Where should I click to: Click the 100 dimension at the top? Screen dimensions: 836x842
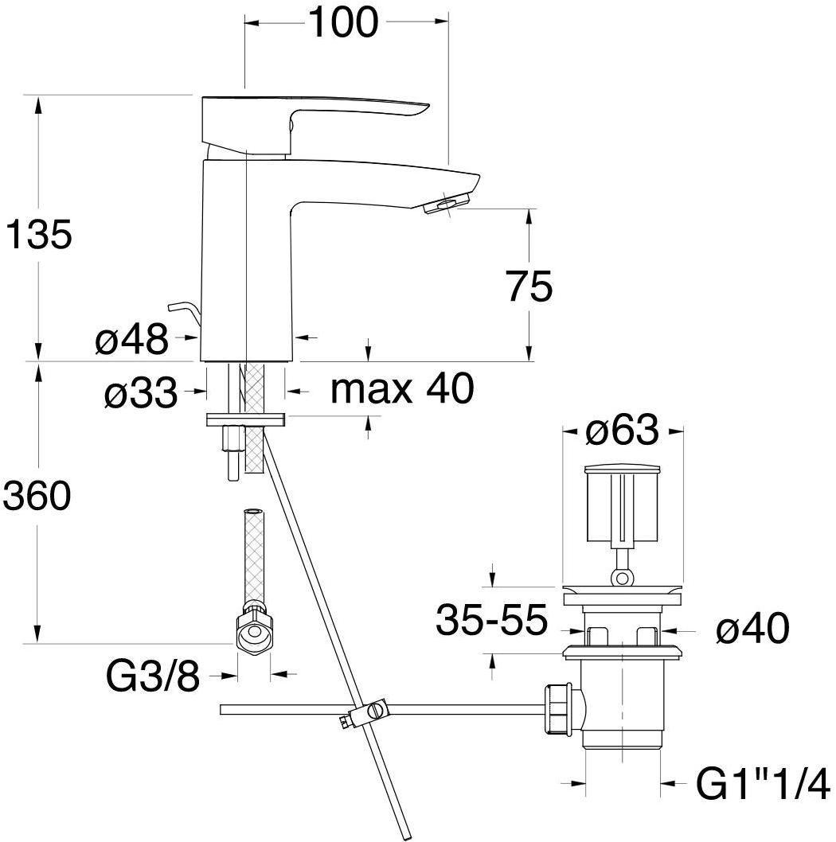pyautogui.click(x=343, y=22)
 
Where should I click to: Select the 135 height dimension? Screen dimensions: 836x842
pyautogui.click(x=38, y=234)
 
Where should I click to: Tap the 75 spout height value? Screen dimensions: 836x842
pyautogui.click(x=529, y=287)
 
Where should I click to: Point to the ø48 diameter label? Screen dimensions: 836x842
pyautogui.click(x=131, y=339)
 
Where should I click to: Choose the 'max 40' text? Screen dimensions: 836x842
pyautogui.click(x=402, y=388)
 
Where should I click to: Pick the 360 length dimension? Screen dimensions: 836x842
pyautogui.click(x=37, y=495)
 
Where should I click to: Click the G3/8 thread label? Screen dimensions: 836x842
pyautogui.click(x=153, y=676)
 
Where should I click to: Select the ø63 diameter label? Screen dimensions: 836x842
pyautogui.click(x=622, y=430)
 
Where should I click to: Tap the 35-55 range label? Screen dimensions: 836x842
pyautogui.click(x=491, y=619)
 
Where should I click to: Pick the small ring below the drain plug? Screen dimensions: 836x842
pyautogui.click(x=622, y=579)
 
